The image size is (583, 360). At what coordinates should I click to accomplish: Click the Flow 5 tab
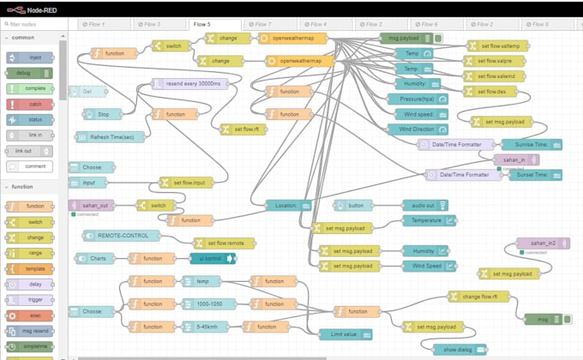click(202, 24)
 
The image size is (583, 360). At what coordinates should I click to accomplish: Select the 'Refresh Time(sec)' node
click(106, 136)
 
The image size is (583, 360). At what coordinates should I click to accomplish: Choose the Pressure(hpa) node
click(415, 99)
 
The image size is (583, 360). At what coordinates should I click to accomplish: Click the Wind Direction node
click(415, 129)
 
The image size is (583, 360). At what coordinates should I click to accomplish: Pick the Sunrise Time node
click(532, 144)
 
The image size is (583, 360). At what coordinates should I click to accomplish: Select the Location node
click(287, 205)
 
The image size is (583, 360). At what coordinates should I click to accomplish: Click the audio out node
click(425, 205)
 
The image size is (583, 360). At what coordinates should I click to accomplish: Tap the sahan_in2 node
click(543, 243)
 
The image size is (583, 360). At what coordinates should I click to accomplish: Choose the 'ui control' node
click(212, 258)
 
